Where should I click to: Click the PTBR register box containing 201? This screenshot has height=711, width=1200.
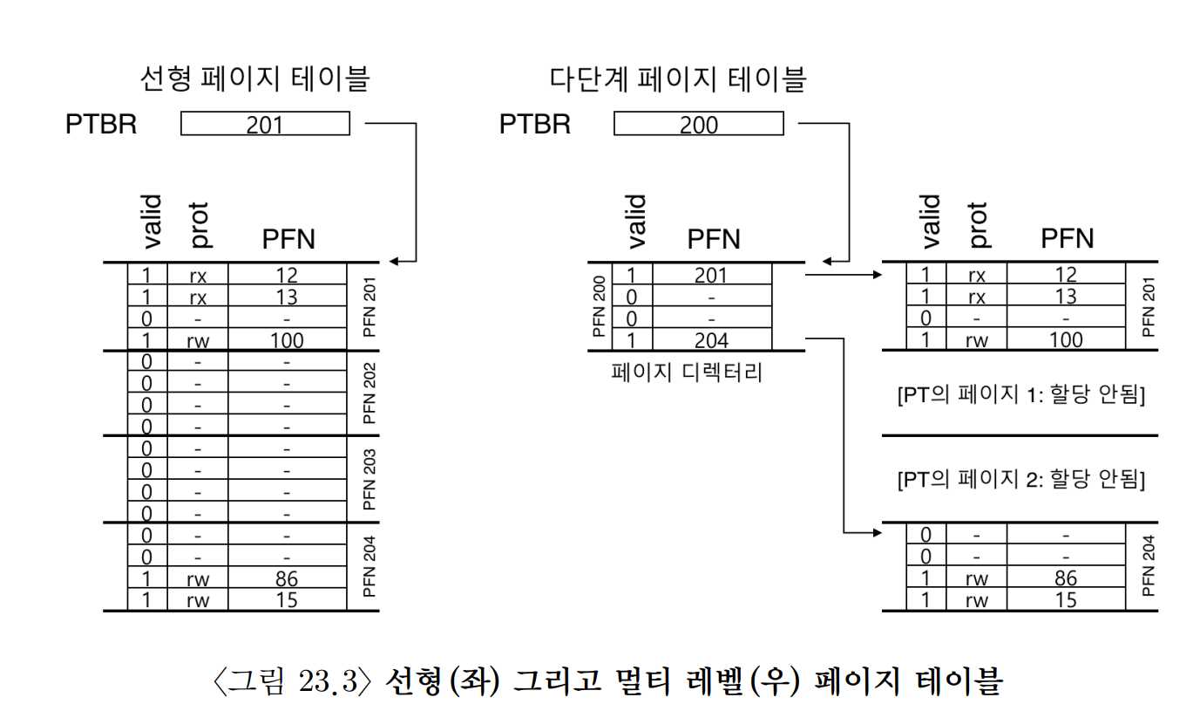click(265, 124)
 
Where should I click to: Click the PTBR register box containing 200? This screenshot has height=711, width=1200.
click(698, 124)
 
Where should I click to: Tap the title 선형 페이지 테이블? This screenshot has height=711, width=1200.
click(254, 80)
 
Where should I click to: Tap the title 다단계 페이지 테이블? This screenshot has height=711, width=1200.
click(677, 80)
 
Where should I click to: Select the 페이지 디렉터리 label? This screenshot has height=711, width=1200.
click(688, 373)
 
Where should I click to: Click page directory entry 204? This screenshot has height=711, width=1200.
click(712, 340)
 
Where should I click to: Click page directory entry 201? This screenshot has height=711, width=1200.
click(712, 276)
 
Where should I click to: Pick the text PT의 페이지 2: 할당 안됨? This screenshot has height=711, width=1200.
click(1020, 479)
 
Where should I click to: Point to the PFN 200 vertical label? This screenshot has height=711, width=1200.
click(599, 307)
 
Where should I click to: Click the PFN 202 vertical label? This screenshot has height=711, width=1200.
click(369, 393)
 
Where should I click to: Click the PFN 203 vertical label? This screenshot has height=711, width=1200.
click(369, 479)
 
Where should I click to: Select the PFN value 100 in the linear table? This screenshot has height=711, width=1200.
click(287, 340)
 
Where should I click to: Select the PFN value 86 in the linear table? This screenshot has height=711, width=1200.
click(287, 578)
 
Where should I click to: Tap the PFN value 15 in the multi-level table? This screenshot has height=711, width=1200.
click(1065, 600)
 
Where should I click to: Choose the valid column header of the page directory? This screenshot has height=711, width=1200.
click(636, 222)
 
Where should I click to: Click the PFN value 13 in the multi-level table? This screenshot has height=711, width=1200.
click(1065, 297)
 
